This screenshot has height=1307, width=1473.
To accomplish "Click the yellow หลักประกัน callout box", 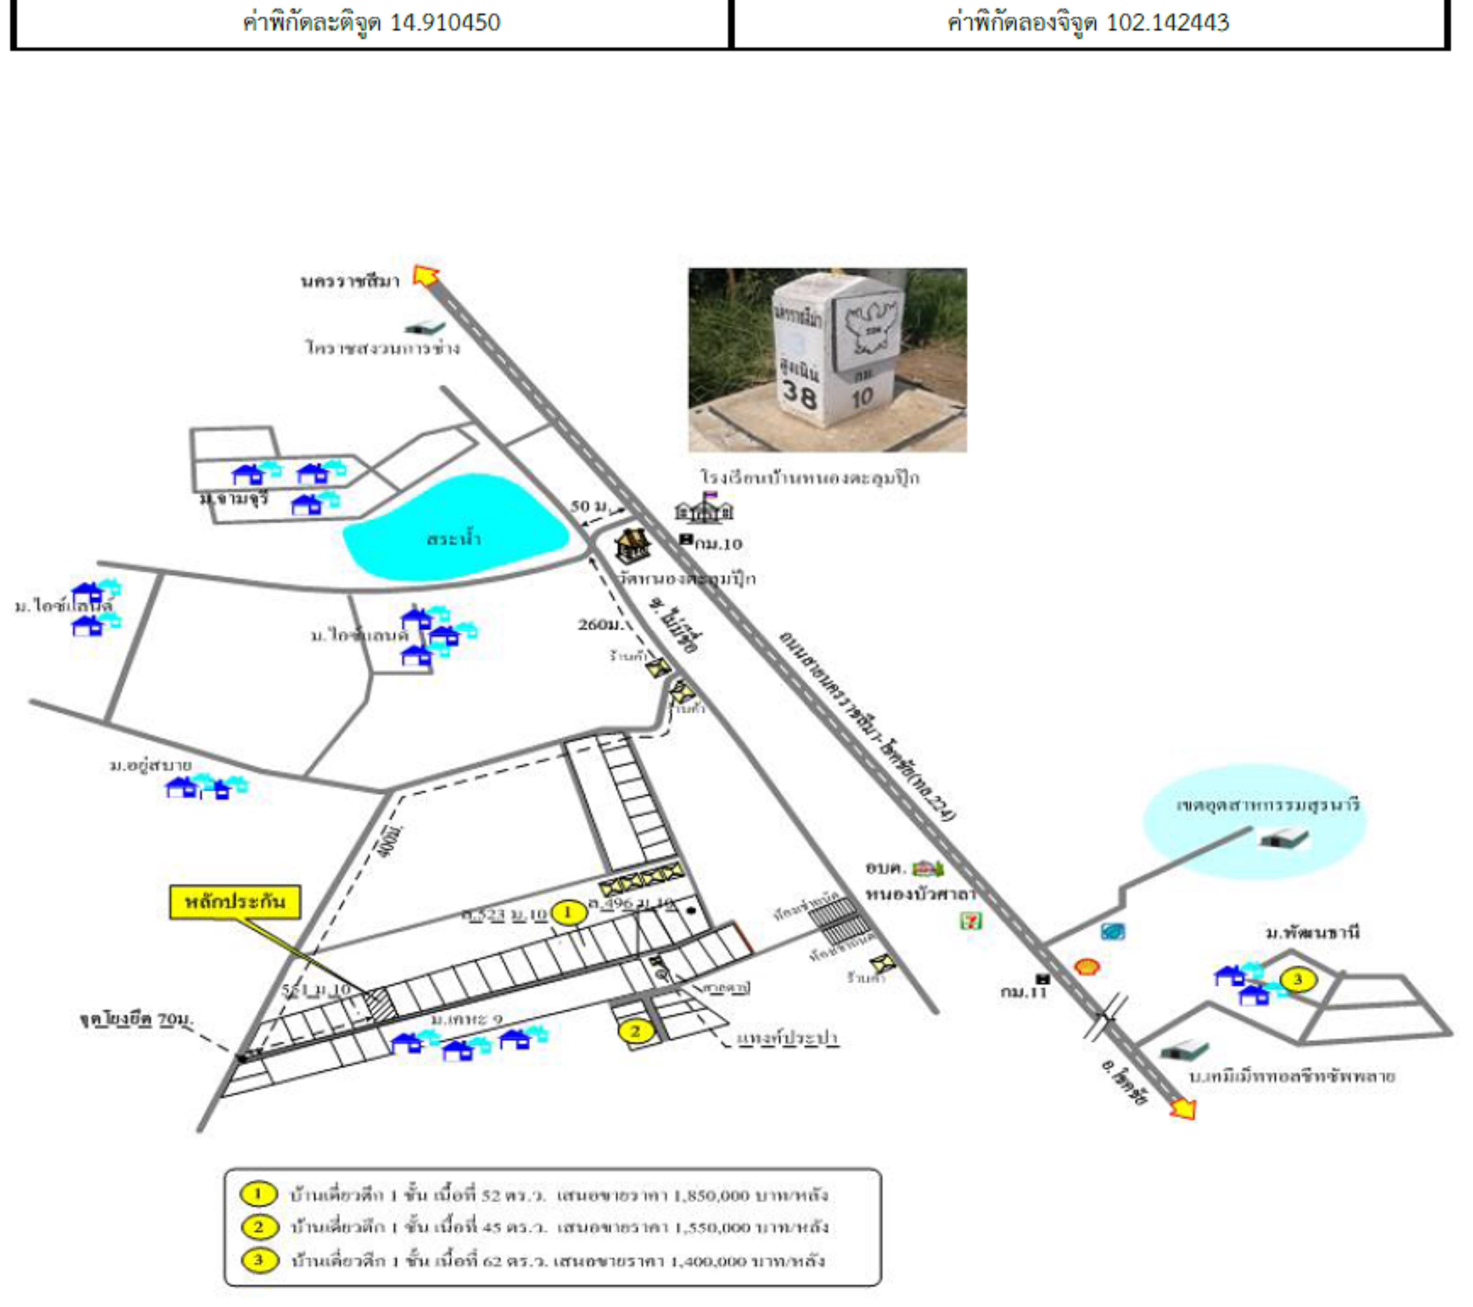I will [x=235, y=902].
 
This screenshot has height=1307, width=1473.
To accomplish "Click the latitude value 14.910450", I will [x=445, y=22].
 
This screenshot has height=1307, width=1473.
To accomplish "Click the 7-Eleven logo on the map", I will [x=971, y=921].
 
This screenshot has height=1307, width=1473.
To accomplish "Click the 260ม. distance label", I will [x=600, y=624].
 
